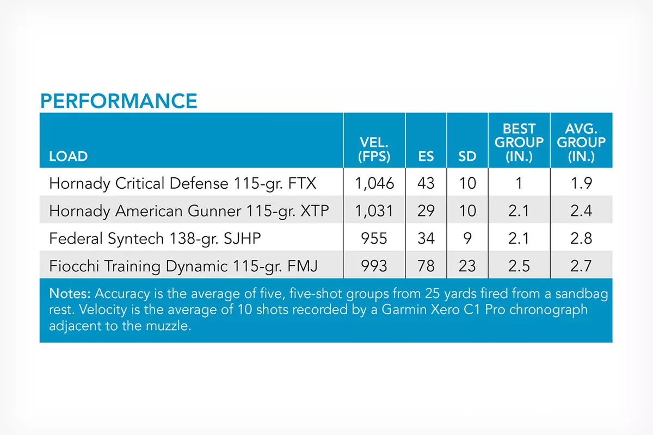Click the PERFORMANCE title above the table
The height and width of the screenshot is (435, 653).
coord(119,101)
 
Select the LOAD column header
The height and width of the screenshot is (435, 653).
coord(68,157)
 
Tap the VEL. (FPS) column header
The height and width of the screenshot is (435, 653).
coord(374,150)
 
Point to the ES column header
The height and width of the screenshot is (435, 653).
coord(426,157)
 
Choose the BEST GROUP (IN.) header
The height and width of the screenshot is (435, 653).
coord(519,142)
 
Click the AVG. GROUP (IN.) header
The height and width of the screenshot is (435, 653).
coord(581,142)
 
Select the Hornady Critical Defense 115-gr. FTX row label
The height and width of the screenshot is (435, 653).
coord(182,184)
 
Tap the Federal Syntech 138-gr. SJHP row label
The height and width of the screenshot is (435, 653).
coord(155,239)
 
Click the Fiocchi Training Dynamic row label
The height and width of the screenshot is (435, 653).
coord(183,266)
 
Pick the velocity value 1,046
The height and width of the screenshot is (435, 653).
coord(374,184)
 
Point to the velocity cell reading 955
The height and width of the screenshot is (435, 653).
coord(374,238)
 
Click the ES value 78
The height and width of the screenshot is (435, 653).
coord(426,266)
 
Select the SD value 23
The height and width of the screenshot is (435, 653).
coord(467,266)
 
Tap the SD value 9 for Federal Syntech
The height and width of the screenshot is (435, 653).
coord(467,238)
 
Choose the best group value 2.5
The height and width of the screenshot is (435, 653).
coord(519,266)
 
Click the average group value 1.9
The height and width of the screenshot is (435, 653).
coord(581,183)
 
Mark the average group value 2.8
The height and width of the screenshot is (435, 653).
coord(581,238)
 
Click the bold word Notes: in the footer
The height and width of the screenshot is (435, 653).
coord(70,294)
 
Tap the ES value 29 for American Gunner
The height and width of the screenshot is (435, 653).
coord(426,211)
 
